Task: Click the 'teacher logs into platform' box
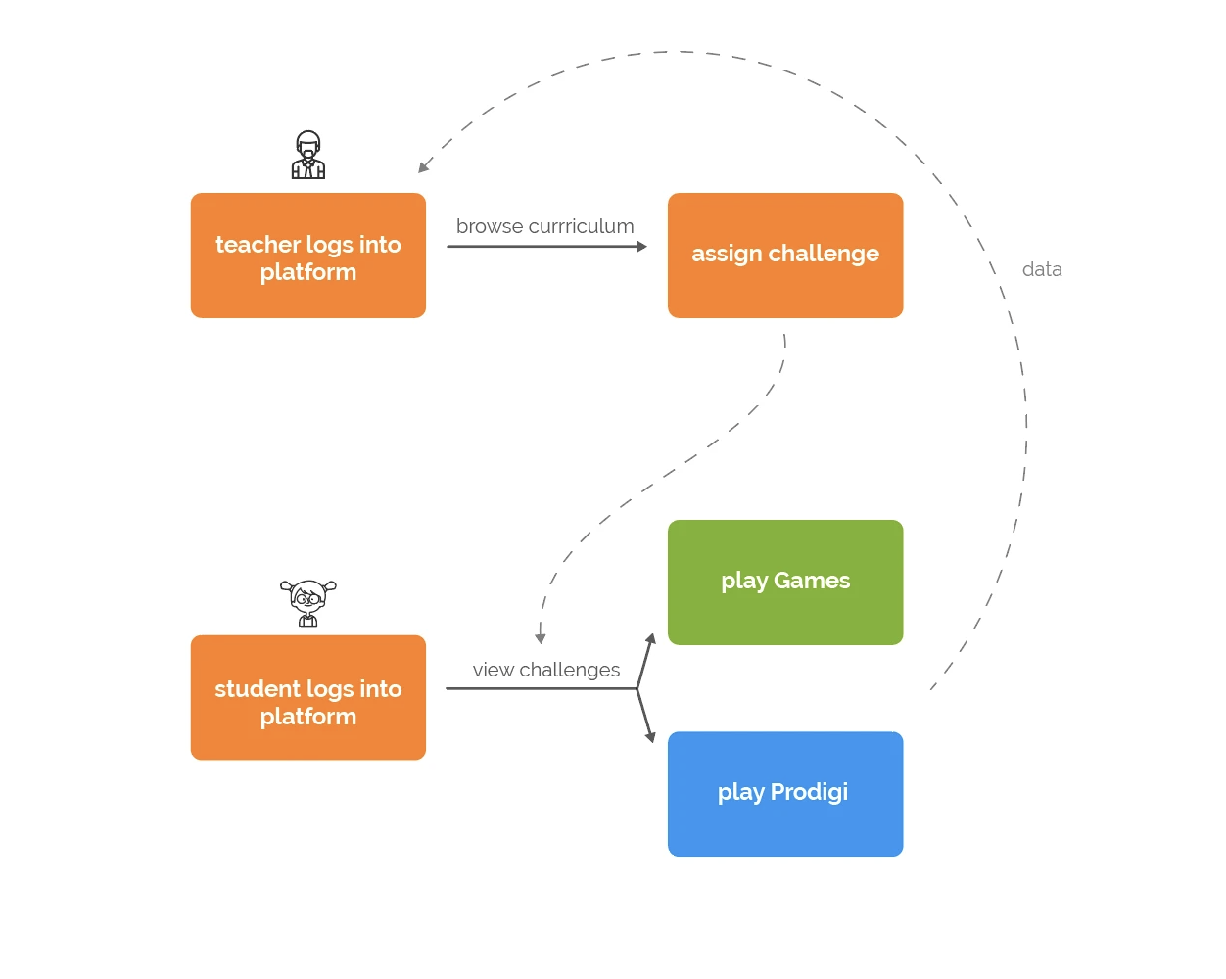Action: coord(308,256)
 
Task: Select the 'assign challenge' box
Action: coord(785,256)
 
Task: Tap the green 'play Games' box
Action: coord(785,583)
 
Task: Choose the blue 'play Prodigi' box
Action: coord(785,794)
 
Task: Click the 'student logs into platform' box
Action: coord(308,697)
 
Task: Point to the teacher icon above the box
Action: coord(308,155)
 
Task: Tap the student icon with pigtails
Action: coord(308,603)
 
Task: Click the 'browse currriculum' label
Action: coord(544,227)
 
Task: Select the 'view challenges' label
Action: coord(545,670)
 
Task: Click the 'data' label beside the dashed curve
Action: coord(1042,269)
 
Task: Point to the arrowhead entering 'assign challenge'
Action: coord(642,246)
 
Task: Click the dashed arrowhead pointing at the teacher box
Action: coord(423,166)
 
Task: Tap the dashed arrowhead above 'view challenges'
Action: coord(541,638)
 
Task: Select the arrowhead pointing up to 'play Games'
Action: coord(650,639)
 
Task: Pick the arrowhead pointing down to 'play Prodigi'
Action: coord(650,737)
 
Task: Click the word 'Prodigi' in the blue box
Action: coord(809,792)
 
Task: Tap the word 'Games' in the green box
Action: coord(811,581)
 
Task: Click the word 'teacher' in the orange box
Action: coord(259,245)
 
